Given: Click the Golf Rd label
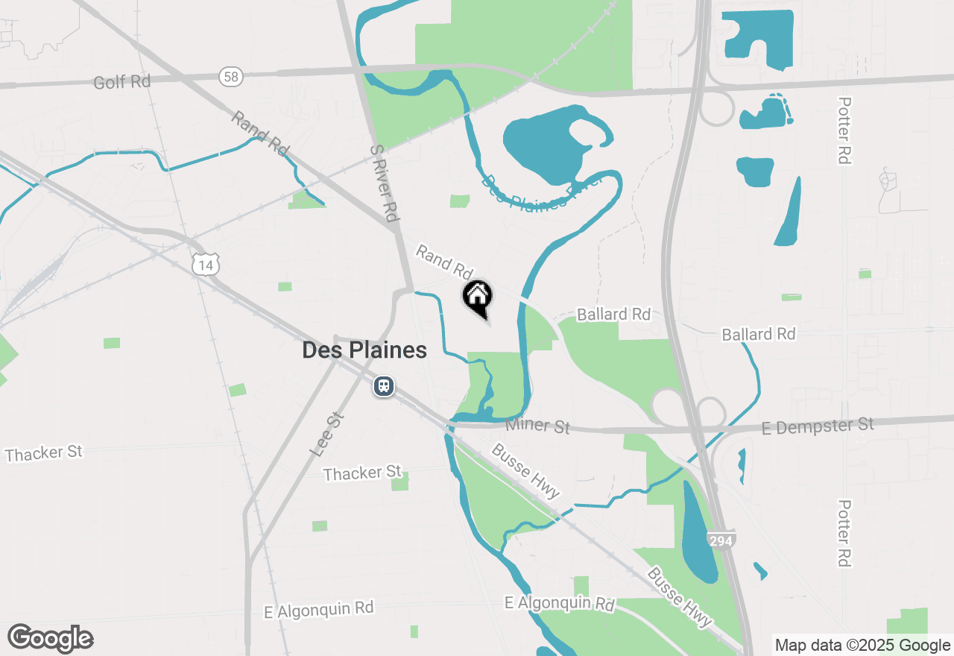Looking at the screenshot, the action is pyautogui.click(x=121, y=81).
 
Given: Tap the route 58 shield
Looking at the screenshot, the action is pyautogui.click(x=230, y=75).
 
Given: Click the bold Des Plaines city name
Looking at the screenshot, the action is pyautogui.click(x=364, y=350).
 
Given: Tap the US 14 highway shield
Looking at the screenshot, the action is pyautogui.click(x=205, y=264).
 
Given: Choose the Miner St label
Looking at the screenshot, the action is pyautogui.click(x=537, y=426).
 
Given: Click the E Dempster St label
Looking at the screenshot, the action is pyautogui.click(x=818, y=426).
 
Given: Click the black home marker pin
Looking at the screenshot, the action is pyautogui.click(x=478, y=297).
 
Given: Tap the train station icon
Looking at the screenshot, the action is pyautogui.click(x=384, y=386).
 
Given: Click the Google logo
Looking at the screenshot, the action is pyautogui.click(x=51, y=638).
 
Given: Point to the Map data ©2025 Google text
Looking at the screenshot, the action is pyautogui.click(x=862, y=646).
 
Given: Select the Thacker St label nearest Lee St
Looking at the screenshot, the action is pyautogui.click(x=362, y=473).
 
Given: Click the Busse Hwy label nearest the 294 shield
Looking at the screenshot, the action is pyautogui.click(x=679, y=597).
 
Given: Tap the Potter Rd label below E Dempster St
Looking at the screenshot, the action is pyautogui.click(x=843, y=533).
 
